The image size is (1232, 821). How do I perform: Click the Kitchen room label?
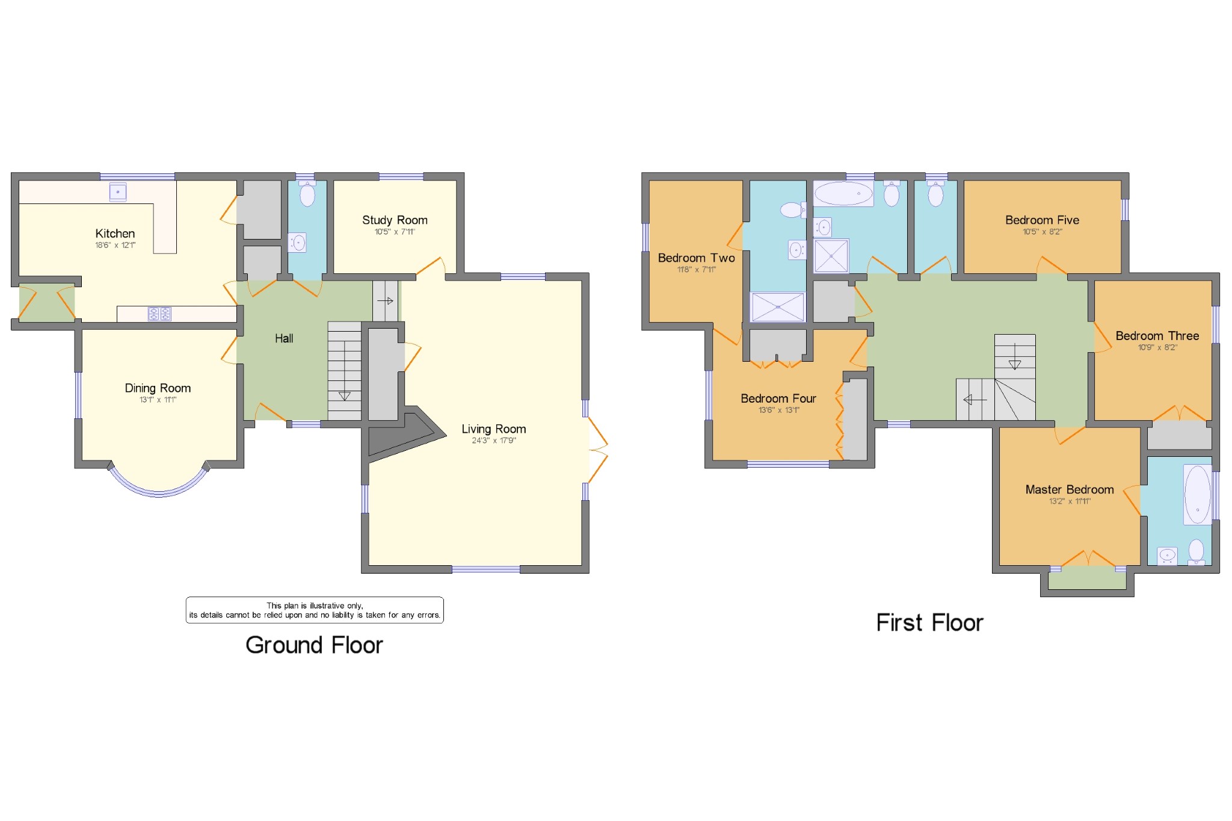(115, 234)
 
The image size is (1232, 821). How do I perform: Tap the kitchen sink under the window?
(118, 192)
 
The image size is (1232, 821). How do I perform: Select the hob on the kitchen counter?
(160, 314)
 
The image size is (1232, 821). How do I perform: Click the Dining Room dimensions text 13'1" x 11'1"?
(158, 400)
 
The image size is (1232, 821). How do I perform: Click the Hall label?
(284, 338)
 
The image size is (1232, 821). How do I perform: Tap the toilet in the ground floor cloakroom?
(307, 194)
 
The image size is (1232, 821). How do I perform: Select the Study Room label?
(395, 220)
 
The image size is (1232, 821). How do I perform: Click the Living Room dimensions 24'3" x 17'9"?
(493, 441)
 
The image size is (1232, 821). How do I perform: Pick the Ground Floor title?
(314, 645)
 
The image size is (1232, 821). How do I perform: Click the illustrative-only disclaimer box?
(315, 610)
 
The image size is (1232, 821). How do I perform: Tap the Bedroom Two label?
(696, 258)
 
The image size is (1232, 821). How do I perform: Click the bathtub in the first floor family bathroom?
(843, 194)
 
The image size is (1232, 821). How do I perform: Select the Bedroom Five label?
(1042, 220)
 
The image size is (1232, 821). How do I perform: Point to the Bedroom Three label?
(1157, 336)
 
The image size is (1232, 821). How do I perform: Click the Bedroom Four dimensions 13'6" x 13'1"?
(778, 410)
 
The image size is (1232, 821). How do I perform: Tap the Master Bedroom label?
(1069, 490)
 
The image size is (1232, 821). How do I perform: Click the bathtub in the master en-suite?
(1197, 495)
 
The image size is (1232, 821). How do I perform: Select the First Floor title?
(929, 623)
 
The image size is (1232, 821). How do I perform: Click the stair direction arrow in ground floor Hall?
(344, 395)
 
